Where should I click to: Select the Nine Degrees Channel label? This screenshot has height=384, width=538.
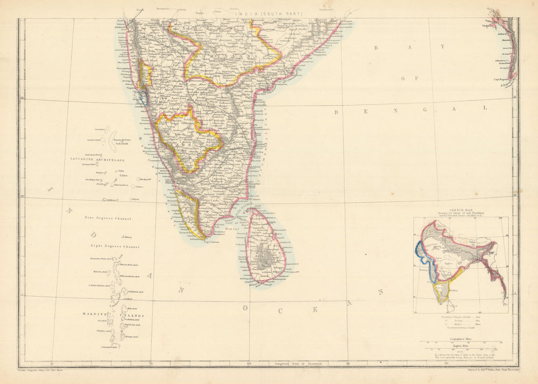108,218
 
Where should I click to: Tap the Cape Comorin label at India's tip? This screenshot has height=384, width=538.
199,241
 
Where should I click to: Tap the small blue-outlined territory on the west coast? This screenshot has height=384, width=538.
143,97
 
